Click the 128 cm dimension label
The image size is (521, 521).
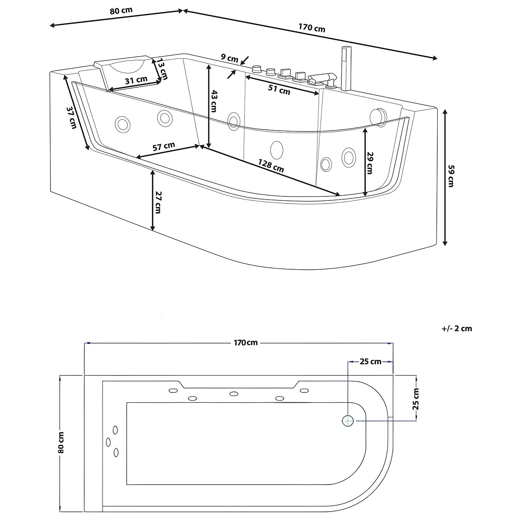tap(271, 166)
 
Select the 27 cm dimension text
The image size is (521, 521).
tap(158, 202)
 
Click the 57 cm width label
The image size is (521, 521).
tap(164, 146)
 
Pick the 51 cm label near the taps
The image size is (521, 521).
tap(279, 91)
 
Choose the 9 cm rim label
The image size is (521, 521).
tap(230, 58)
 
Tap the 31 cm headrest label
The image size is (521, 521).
tap(136, 80)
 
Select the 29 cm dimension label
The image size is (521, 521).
tap(370, 163)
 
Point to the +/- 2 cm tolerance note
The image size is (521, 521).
tap(457, 329)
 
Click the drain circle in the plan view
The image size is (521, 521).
tap(348, 420)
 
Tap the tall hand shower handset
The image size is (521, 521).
tap(345, 68)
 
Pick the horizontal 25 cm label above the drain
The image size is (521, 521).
tap(370, 362)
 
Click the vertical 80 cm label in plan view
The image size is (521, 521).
tap(61, 442)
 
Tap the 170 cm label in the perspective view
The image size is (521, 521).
tap(312, 28)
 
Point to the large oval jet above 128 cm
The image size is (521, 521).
tap(277, 150)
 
